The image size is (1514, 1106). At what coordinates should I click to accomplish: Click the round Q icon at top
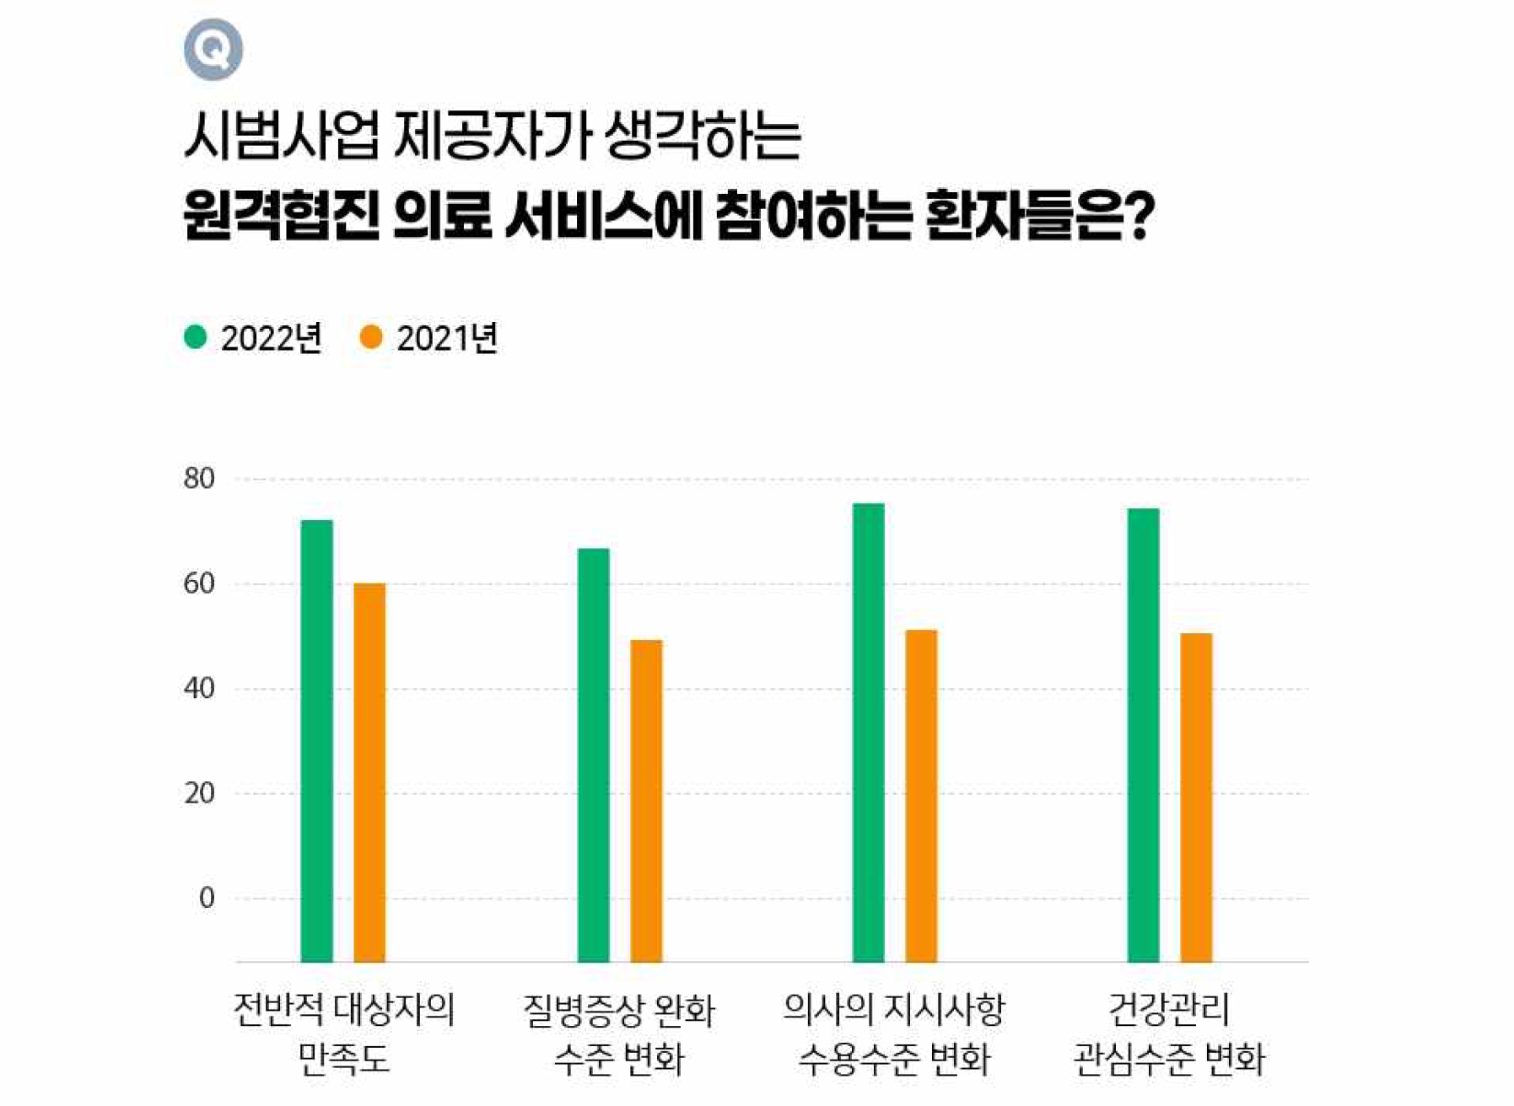tap(213, 50)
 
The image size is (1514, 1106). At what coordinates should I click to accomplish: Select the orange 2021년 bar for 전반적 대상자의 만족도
tap(369, 771)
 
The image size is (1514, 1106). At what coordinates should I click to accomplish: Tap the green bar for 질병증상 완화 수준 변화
tap(594, 754)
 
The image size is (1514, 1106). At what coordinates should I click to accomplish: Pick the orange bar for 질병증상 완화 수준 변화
tap(646, 800)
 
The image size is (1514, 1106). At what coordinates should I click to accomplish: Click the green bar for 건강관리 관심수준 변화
tap(1144, 734)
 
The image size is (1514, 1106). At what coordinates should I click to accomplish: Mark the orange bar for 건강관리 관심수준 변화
tap(1196, 797)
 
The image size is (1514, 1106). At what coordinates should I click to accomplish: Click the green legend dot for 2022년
tap(195, 337)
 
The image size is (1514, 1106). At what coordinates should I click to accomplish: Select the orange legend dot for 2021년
tap(371, 337)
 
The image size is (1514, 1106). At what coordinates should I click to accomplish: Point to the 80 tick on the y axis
tap(199, 479)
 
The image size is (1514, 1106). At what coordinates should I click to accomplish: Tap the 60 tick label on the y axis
tap(199, 583)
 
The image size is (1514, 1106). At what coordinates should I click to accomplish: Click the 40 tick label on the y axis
tap(199, 689)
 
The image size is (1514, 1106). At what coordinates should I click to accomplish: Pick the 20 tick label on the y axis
tap(199, 793)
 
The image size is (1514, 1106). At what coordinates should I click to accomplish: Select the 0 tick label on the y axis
tap(207, 898)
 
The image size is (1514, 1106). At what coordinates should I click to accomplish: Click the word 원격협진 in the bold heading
tap(281, 216)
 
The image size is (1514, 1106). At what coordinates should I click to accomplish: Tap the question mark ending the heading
tap(1140, 216)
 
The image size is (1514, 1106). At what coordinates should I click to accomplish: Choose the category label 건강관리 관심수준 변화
tap(1169, 1034)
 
